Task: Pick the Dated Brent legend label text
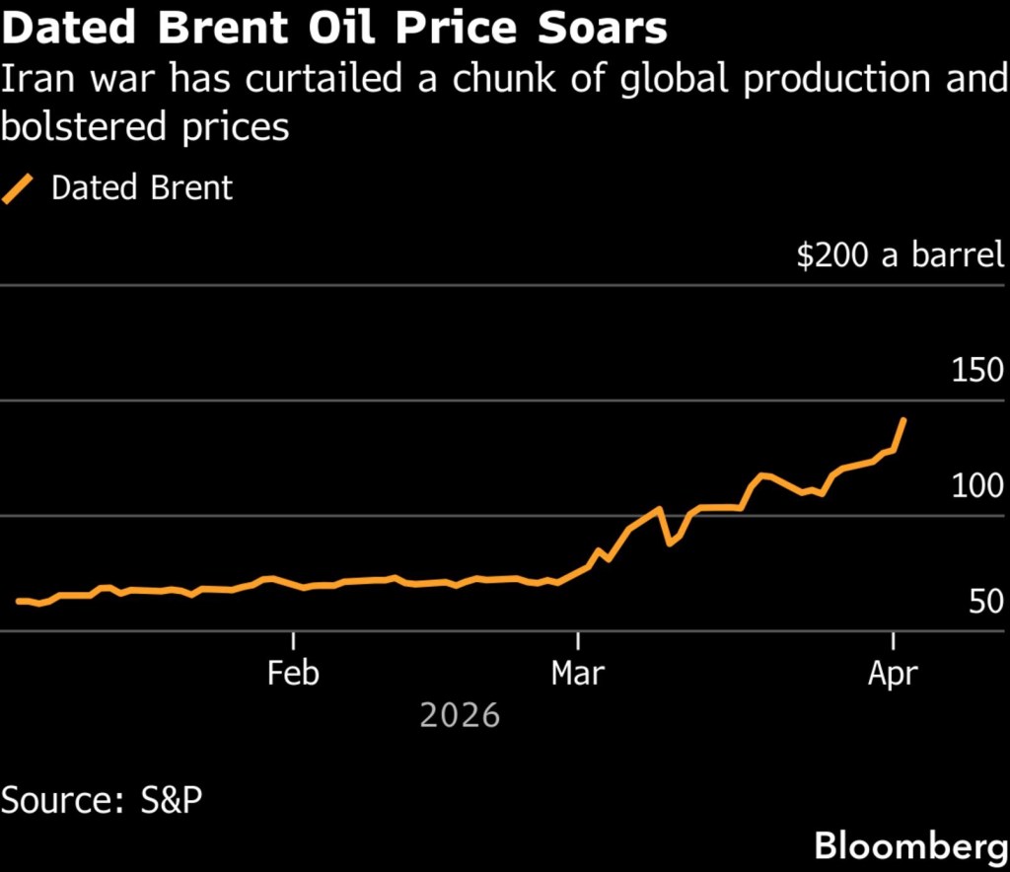142,187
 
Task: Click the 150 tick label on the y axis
977,371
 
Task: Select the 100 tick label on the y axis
977,486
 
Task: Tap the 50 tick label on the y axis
985,602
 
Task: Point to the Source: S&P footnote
102,799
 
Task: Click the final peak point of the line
903,420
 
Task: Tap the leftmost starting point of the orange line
18,601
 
